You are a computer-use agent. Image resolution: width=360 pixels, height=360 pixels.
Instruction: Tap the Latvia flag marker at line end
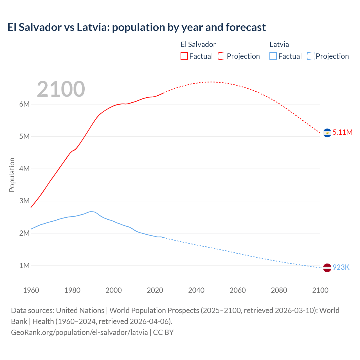(x=327, y=268)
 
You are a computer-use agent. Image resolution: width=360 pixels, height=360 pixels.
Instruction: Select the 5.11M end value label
(x=342, y=132)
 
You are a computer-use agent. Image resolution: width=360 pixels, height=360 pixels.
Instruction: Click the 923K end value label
(x=341, y=267)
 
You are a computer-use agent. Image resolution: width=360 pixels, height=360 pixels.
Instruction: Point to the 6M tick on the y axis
(x=24, y=104)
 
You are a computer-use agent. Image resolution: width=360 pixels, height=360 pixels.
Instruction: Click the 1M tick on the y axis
(x=24, y=265)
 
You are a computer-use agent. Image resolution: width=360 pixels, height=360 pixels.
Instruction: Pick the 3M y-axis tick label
(x=24, y=201)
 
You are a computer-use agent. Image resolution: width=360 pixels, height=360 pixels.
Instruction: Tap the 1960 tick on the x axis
(x=31, y=290)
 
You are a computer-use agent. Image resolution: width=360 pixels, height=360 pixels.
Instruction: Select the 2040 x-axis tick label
(x=196, y=290)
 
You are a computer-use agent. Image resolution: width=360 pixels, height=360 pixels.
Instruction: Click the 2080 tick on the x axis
(x=279, y=290)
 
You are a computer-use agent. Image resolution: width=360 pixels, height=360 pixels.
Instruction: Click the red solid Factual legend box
(x=184, y=56)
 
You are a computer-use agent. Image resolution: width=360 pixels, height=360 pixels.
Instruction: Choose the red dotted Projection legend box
(x=222, y=56)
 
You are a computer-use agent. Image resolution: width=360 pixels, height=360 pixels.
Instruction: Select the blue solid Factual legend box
(x=273, y=56)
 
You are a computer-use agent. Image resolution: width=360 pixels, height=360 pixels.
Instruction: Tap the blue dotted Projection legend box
(x=311, y=56)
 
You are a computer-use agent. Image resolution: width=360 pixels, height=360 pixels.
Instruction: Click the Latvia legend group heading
(x=279, y=44)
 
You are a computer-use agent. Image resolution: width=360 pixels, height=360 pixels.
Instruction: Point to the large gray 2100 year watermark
(x=61, y=89)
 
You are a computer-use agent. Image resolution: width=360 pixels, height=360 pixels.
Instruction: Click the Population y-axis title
(x=12, y=175)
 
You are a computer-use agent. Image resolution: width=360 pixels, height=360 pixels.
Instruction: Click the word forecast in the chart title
(x=246, y=27)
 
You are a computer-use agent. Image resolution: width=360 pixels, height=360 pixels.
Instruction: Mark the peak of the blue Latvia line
(x=91, y=211)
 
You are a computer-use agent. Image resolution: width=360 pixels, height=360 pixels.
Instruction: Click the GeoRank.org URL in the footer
(x=79, y=332)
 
